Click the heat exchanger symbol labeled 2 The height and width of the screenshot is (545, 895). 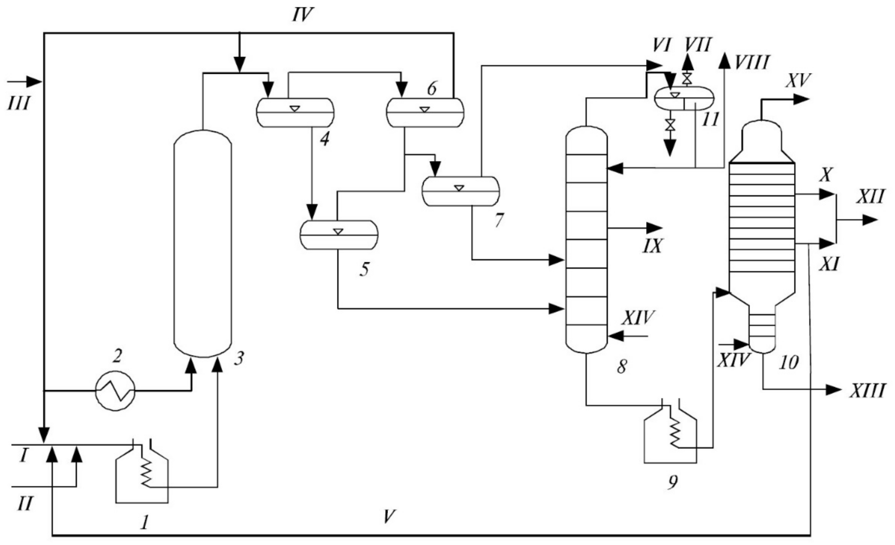pos(115,391)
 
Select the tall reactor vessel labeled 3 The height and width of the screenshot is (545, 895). pos(203,244)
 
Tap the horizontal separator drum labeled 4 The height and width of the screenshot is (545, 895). pos(295,112)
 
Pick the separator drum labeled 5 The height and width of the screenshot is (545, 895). pos(339,235)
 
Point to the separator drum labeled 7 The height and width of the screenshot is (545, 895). pos(461,191)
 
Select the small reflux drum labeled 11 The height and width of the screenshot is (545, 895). pos(684,98)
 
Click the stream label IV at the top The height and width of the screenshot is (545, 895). pos(302,15)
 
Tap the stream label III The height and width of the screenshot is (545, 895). pos(18,104)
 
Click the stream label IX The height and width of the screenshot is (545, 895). pos(652,246)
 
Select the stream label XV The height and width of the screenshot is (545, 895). pos(798,80)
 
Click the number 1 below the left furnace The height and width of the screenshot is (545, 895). pos(144,523)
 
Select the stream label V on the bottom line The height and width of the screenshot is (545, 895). pos(389,517)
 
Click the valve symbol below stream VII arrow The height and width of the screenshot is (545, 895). pos(687,78)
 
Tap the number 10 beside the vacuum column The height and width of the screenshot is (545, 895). pos(788,362)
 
